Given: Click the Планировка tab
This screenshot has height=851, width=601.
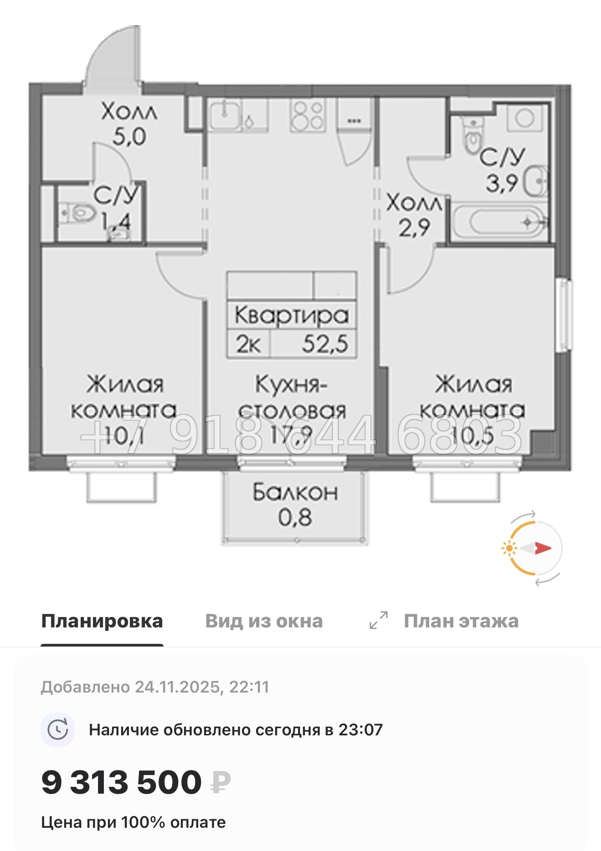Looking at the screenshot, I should tap(102, 621).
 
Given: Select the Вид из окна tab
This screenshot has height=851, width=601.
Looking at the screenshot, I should tap(264, 621).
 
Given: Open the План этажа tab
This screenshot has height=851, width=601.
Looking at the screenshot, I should tap(461, 621).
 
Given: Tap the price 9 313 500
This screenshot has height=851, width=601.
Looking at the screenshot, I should tap(121, 782).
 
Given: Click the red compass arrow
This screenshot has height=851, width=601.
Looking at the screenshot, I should tap(542, 548).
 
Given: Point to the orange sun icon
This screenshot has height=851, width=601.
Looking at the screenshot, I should tap(508, 548).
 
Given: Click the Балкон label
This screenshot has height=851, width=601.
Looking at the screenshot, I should tap(295, 492).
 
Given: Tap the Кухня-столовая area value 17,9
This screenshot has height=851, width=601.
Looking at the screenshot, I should tap(291, 435).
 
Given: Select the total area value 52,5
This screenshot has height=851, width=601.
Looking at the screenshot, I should tap(324, 344).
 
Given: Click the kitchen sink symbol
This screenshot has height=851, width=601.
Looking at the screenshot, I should tap(225, 116).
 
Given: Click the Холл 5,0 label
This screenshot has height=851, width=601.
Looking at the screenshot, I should tap(129, 123).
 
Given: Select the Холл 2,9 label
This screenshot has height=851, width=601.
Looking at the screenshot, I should tap(414, 215).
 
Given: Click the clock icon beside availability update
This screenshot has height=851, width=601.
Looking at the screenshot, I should tap(58, 730).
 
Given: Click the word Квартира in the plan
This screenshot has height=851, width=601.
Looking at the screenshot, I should tap(292, 315).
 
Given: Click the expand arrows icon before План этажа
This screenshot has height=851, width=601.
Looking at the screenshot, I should tap(378, 620).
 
